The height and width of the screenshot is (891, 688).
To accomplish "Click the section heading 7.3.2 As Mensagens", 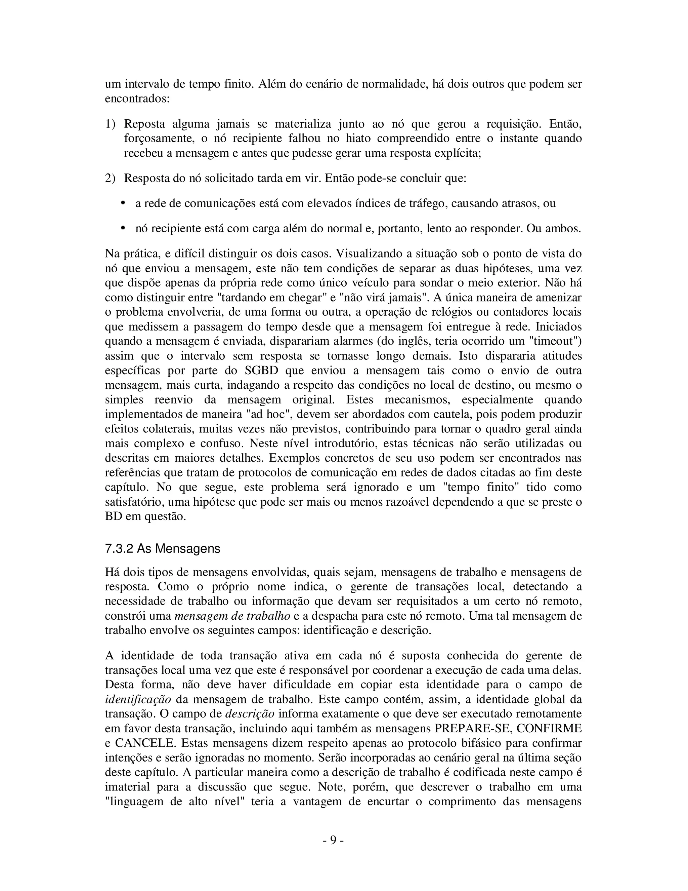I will click(162, 548).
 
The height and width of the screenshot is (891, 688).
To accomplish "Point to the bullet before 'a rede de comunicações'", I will click(123, 203).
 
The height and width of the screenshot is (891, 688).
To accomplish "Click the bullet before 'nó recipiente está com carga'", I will click(123, 228).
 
